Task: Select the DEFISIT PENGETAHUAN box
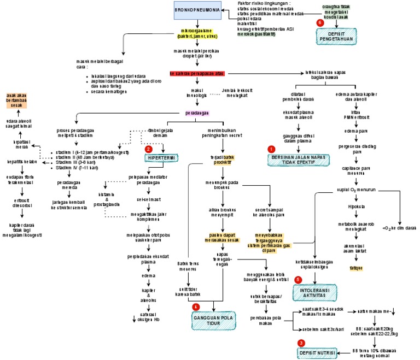(336, 37)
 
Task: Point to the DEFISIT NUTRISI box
(317, 353)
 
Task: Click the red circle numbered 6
(320, 23)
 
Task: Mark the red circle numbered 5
(298, 280)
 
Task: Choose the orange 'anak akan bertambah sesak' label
(21, 101)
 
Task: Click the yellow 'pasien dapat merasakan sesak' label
(220, 239)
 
